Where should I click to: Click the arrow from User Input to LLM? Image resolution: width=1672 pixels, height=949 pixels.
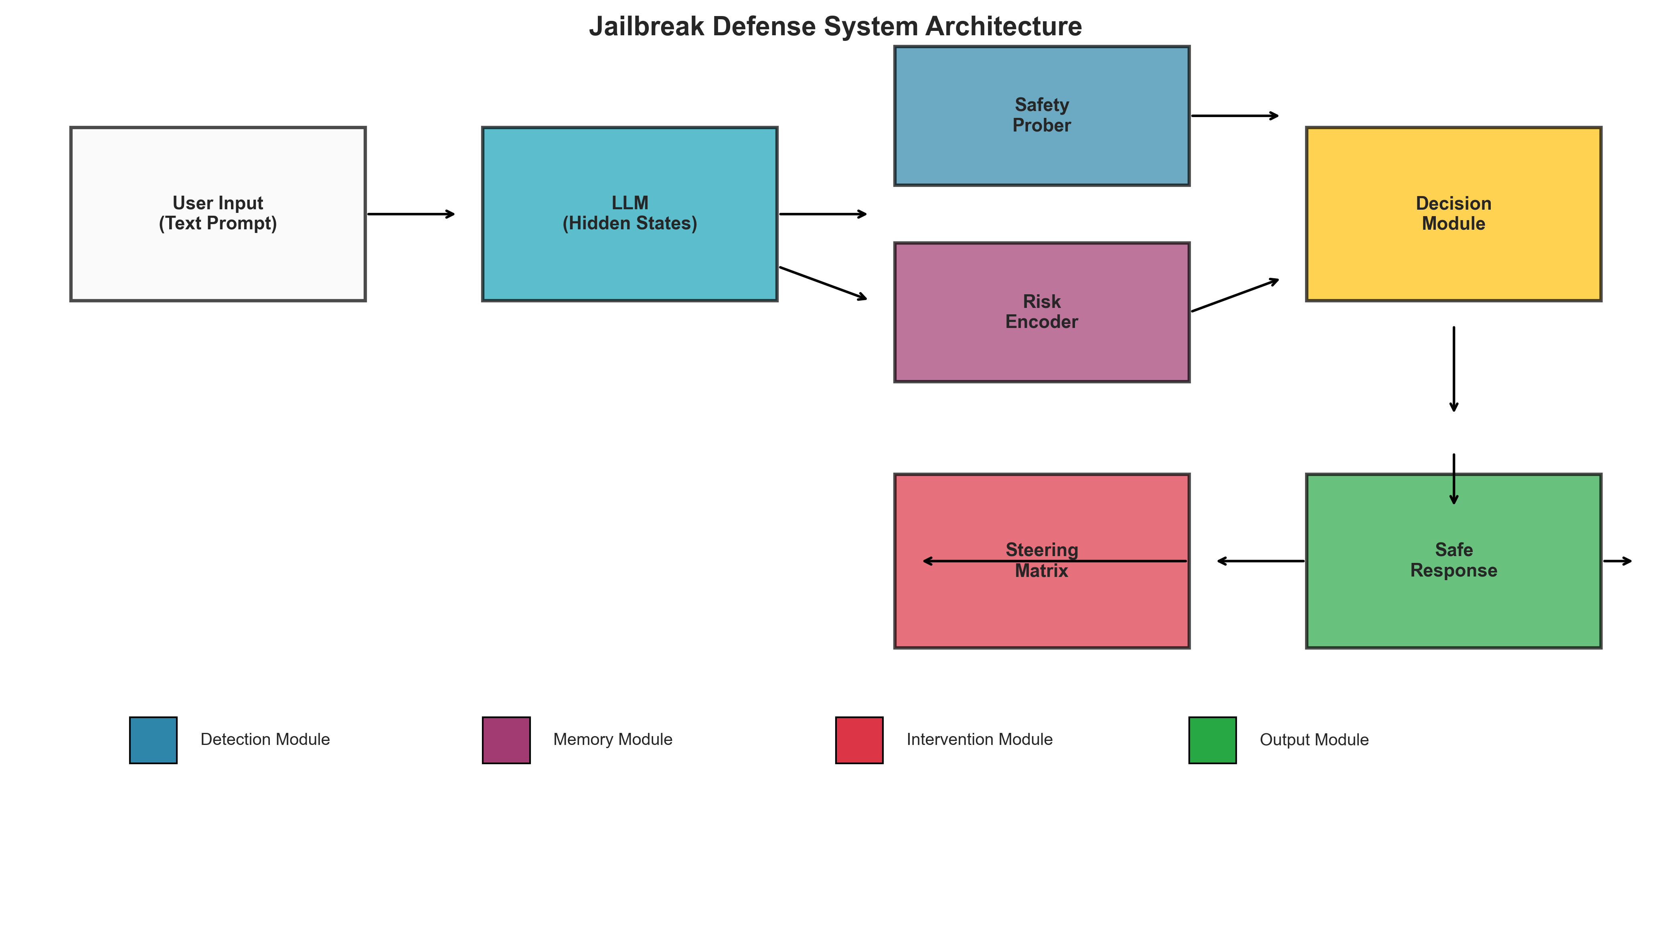pyautogui.click(x=411, y=214)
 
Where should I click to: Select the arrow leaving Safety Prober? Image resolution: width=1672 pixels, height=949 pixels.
pyautogui.click(x=1234, y=116)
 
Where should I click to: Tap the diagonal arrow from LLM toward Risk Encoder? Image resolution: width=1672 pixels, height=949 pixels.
pyautogui.click(x=823, y=283)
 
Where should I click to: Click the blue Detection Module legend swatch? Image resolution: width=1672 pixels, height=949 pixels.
pyautogui.click(x=153, y=740)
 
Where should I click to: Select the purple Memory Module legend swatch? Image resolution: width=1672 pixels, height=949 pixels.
pyautogui.click(x=506, y=740)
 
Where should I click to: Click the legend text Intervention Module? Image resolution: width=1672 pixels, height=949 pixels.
pyautogui.click(x=979, y=739)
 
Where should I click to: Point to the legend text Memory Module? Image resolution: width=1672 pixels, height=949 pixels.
pyautogui.click(x=612, y=739)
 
